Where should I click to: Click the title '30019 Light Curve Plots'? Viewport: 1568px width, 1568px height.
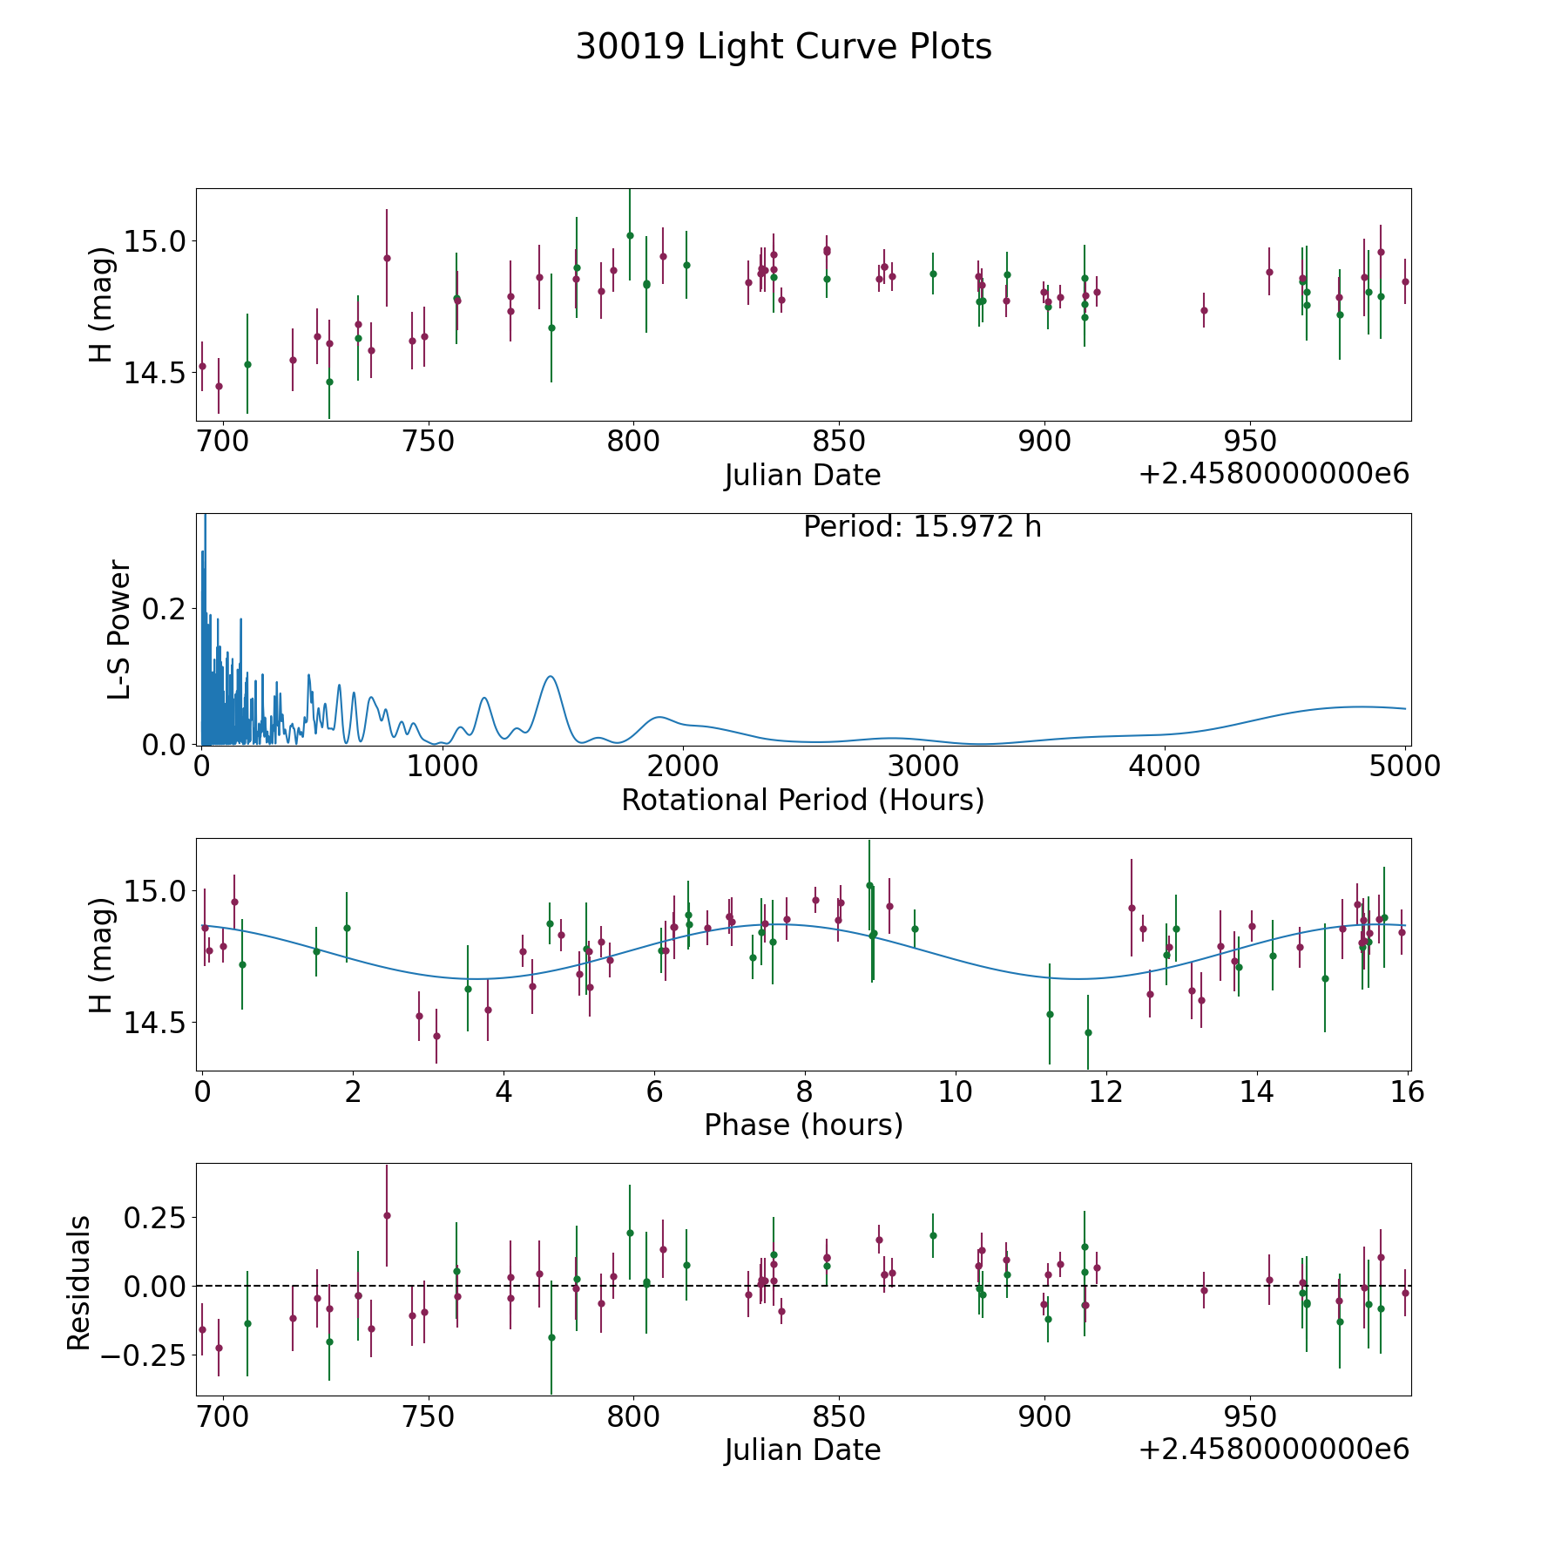click(x=783, y=47)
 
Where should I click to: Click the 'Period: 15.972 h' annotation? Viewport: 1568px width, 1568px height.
click(x=922, y=527)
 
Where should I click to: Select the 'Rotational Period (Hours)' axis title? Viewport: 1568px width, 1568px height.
click(x=802, y=800)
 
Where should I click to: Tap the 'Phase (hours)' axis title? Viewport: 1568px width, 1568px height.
click(x=802, y=1125)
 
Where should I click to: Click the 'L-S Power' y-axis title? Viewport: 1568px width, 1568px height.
click(x=120, y=629)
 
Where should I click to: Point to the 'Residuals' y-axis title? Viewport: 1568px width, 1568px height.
click(x=79, y=1282)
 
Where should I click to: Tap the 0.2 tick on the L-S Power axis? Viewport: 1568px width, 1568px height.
click(x=163, y=608)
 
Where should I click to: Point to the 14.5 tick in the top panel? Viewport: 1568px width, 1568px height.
click(x=150, y=373)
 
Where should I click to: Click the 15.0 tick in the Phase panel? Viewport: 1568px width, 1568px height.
click(x=150, y=890)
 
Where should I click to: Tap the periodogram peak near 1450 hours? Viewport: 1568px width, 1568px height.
click(x=550, y=676)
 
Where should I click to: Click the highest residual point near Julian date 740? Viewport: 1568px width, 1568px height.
click(x=387, y=1215)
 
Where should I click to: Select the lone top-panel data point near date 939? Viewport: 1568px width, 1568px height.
click(x=1204, y=310)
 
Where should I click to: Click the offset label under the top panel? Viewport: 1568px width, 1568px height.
click(x=1273, y=474)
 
